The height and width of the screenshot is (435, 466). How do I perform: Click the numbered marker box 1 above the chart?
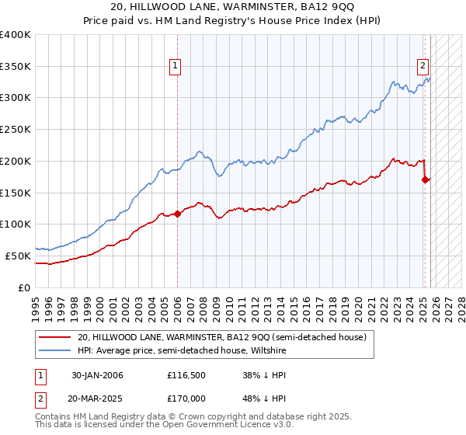(x=176, y=67)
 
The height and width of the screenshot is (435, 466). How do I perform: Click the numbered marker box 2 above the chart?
(x=424, y=67)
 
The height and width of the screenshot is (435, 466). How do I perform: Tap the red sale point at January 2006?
(x=177, y=214)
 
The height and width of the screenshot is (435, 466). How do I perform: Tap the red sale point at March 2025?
(x=425, y=179)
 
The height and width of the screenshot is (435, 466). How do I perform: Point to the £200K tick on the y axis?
(x=17, y=161)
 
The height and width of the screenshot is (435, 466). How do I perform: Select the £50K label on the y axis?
(x=19, y=256)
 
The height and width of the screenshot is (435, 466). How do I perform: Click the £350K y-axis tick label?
(x=17, y=67)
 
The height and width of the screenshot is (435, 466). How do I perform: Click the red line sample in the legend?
(x=56, y=337)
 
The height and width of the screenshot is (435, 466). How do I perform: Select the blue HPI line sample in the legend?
(x=56, y=350)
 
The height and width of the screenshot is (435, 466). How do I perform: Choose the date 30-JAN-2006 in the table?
(x=97, y=375)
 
